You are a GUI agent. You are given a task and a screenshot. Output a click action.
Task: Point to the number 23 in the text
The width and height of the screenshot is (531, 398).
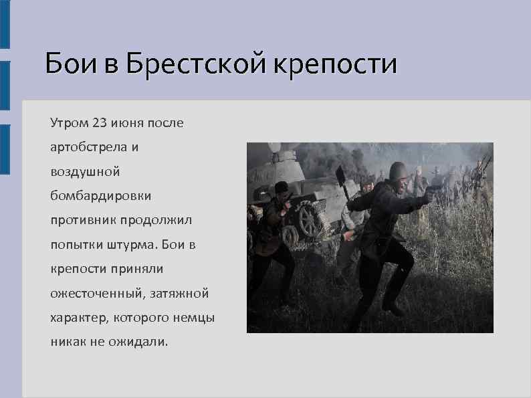(100, 123)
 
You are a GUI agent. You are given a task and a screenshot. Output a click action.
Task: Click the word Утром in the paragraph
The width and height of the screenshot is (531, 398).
(68, 124)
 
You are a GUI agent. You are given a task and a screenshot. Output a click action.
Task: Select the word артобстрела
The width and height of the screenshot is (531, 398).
(86, 148)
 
